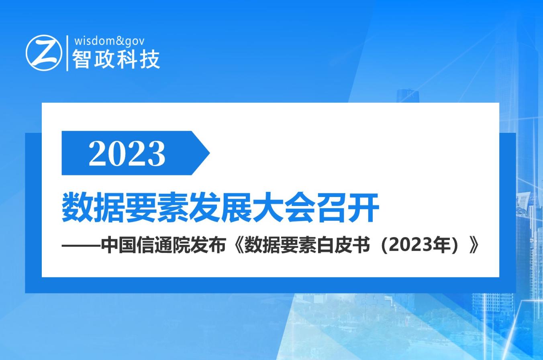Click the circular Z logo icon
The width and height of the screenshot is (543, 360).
click(44, 53)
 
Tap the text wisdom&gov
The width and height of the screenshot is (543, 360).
click(109, 41)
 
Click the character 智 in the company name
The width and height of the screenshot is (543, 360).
click(81, 59)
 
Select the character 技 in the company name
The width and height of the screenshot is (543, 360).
click(150, 59)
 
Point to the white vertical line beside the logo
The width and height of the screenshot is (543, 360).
click(67, 53)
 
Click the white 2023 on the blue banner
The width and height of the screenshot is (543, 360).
click(127, 153)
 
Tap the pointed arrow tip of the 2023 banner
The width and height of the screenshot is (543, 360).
click(209, 153)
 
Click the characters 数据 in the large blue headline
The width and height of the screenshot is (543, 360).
click(93, 207)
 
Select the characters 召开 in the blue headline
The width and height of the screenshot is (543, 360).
click(348, 207)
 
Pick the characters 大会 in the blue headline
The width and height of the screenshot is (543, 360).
click(285, 207)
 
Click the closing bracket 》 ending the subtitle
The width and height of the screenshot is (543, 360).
click(474, 246)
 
